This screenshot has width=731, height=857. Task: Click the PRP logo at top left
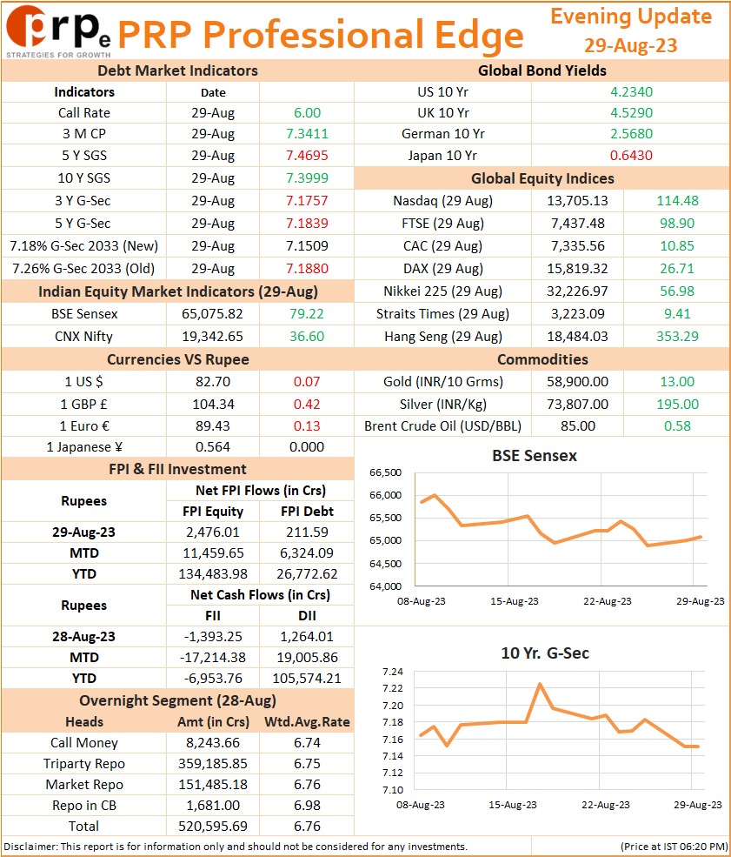click(58, 30)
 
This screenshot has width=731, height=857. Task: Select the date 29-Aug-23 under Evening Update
click(630, 45)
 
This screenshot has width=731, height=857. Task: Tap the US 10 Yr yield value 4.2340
click(631, 92)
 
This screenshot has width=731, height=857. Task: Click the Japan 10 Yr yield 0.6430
click(631, 155)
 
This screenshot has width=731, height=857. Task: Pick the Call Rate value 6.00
click(307, 112)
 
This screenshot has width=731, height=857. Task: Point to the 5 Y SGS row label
click(84, 155)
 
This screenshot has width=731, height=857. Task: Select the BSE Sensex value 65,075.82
click(212, 314)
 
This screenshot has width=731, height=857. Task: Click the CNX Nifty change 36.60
click(307, 336)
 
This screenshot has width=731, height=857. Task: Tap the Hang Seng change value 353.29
click(677, 336)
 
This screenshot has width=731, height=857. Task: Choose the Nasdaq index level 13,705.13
click(578, 201)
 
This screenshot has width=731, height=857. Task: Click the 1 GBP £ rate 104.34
click(213, 404)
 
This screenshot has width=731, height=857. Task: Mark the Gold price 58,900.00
click(578, 381)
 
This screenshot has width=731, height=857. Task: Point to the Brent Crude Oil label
click(442, 425)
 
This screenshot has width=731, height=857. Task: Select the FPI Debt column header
click(307, 511)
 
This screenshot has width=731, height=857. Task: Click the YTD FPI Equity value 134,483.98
click(213, 574)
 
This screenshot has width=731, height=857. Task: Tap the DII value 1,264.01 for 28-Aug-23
click(307, 637)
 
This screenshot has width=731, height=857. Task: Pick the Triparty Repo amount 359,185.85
click(213, 764)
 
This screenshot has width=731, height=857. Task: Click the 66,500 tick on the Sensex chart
click(385, 472)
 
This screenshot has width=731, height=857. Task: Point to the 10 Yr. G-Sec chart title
click(545, 653)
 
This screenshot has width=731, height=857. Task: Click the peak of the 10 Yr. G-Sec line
click(540, 684)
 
